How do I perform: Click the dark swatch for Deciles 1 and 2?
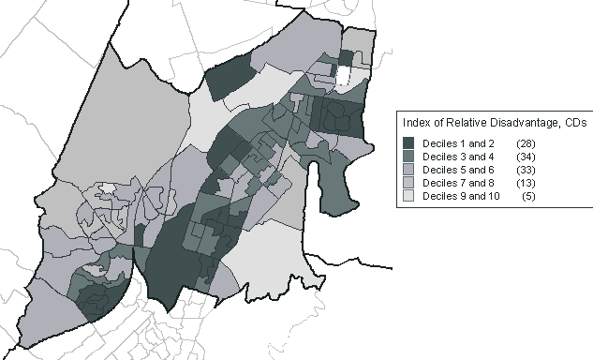408,142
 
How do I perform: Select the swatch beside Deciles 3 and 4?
408,156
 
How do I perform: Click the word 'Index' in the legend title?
415,123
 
